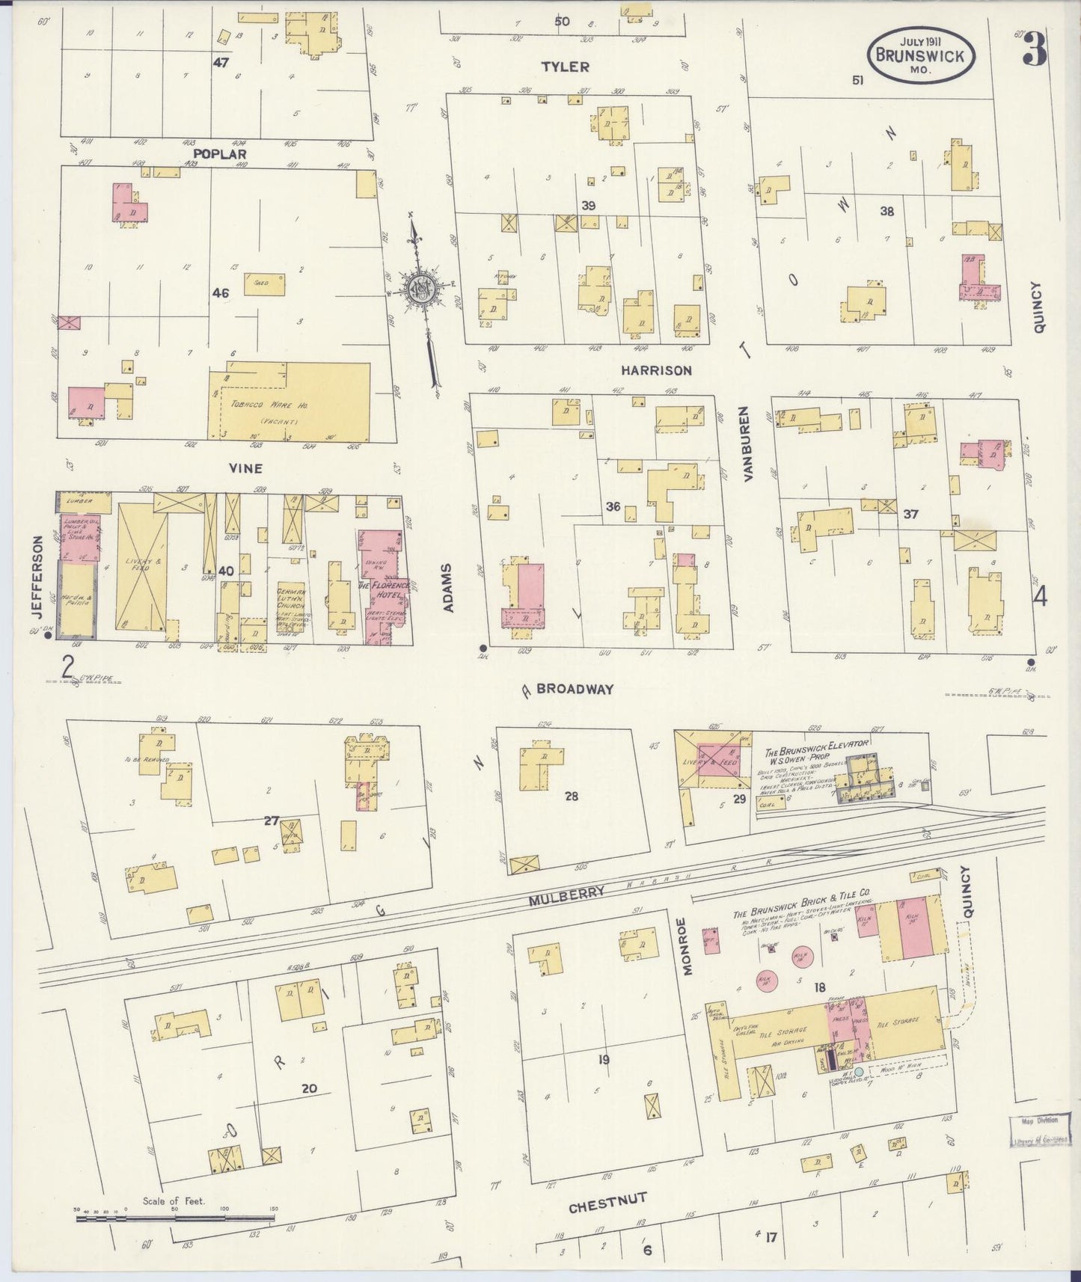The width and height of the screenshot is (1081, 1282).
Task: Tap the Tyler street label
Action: point(565,67)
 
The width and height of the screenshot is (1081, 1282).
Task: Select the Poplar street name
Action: point(219,154)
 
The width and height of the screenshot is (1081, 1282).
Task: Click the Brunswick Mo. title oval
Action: point(921,55)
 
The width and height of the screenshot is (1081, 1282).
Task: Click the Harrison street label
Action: point(655,370)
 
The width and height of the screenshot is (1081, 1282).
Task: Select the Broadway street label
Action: point(575,689)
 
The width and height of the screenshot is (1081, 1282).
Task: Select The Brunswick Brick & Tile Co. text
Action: point(801,913)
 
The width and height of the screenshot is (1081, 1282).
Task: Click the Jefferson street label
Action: point(35,580)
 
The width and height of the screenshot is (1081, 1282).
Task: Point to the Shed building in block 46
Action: point(264,284)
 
